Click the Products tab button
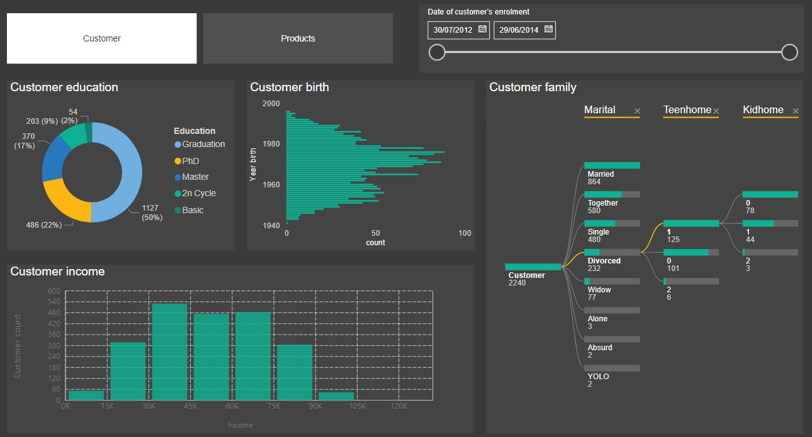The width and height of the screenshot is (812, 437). point(298,38)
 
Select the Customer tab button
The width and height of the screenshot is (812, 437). point(101,38)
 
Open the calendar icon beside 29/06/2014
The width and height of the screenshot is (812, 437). point(548,29)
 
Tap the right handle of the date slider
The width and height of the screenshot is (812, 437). point(789,52)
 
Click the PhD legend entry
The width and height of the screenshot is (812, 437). point(190,161)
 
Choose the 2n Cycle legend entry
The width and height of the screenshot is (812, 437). point(198,194)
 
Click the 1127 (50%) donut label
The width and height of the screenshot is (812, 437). point(152,213)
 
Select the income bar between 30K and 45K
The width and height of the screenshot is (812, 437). point(170,351)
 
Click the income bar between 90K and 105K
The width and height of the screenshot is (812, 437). point(336,396)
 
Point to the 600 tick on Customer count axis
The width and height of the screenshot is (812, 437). point(54,291)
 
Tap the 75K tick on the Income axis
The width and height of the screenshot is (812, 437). point(274,407)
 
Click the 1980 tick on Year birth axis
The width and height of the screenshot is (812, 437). point(271,144)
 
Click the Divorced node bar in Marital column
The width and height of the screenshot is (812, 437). point(612,252)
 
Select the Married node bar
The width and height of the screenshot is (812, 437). point(612,165)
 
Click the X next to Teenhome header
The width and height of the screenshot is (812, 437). point(716,111)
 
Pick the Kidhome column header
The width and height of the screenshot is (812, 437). point(763,110)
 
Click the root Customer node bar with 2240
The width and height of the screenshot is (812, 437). point(533,267)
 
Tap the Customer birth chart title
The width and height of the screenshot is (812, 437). point(290,87)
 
